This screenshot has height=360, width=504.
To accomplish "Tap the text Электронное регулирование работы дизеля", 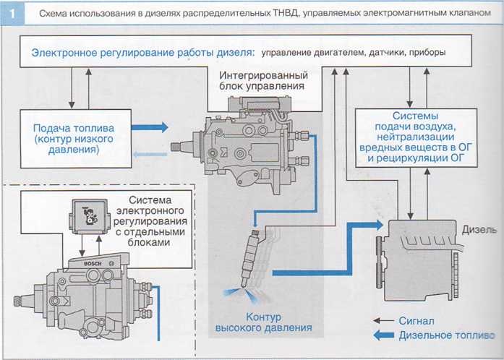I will [x=142, y=53].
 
